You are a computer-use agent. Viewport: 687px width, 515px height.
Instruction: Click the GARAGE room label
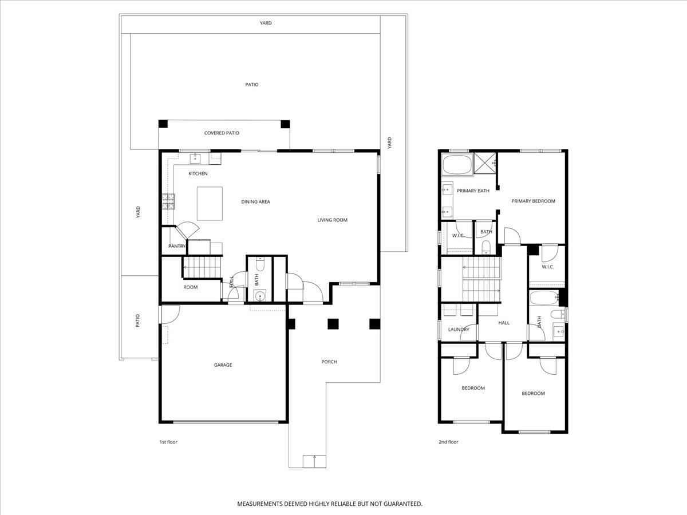tap(223, 365)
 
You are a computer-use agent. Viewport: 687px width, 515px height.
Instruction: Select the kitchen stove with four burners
tap(169, 201)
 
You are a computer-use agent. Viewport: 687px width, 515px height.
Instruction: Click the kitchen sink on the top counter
tap(195, 156)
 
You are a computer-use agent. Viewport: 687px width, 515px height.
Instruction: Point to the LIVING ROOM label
tap(332, 220)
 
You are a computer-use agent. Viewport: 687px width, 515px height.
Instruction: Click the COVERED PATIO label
tap(222, 133)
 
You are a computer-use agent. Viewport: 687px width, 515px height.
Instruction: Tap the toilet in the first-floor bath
tap(259, 266)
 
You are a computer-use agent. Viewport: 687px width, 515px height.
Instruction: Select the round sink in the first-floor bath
tap(259, 296)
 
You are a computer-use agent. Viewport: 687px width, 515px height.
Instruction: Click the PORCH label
tap(329, 362)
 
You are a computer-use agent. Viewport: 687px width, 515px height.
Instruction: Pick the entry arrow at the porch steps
tap(314, 458)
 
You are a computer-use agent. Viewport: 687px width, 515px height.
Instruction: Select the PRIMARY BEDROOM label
tap(533, 201)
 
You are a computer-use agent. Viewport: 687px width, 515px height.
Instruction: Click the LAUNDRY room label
tap(459, 330)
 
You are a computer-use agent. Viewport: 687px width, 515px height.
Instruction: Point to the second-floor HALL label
tap(504, 323)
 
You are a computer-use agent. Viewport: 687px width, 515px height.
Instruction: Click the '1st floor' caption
tap(168, 442)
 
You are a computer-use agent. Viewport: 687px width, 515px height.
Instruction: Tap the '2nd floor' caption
tap(448, 442)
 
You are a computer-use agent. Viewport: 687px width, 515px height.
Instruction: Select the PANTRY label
tap(177, 246)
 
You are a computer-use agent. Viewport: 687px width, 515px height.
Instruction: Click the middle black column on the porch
tap(333, 324)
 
